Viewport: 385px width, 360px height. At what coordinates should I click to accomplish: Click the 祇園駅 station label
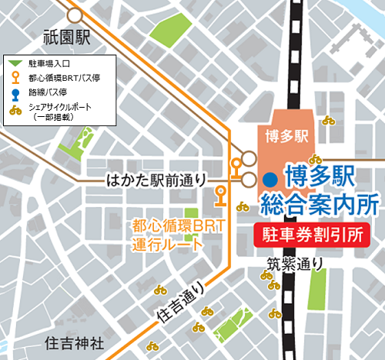(x=67, y=37)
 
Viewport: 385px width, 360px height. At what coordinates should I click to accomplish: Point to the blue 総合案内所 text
(x=320, y=204)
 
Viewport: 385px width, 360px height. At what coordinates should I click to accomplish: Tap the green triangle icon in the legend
(x=15, y=63)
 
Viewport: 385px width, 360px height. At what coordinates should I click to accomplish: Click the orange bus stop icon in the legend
(x=15, y=78)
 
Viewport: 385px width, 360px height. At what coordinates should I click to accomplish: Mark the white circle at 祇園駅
(x=75, y=15)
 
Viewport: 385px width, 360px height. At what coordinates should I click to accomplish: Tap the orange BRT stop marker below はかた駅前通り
(x=221, y=195)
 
